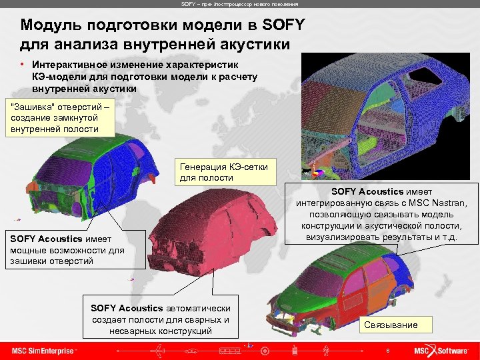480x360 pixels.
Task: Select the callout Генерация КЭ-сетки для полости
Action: (224, 173)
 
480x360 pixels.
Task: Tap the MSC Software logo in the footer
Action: (441, 350)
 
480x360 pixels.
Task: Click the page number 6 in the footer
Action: (387, 350)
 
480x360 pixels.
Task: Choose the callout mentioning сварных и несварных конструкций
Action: (161, 319)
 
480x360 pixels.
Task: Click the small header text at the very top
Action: (239, 4)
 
